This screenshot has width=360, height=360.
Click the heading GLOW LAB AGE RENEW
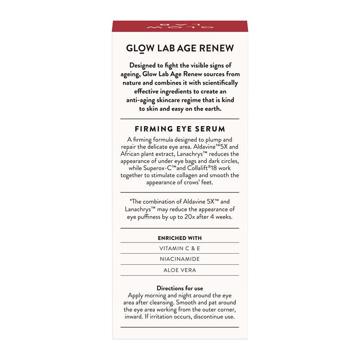[x=180, y=49]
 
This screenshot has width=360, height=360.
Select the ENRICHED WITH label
[x=180, y=238]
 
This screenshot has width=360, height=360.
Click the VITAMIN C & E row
[x=180, y=248]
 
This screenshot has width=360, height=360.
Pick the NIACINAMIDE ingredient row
[x=180, y=259]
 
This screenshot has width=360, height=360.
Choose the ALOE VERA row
[x=180, y=270]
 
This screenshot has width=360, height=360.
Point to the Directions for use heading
[x=180, y=288]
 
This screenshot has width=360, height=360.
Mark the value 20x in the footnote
[x=200, y=217]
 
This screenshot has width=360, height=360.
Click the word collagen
[x=203, y=175]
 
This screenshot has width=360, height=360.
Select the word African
[x=133, y=154]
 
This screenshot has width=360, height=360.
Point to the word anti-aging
[x=136, y=100]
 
